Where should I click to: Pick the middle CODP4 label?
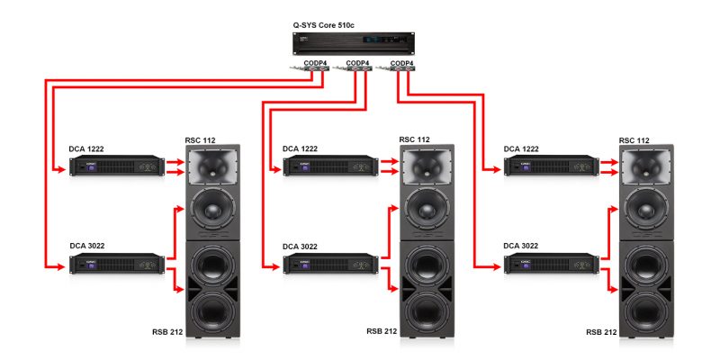(x=358, y=63)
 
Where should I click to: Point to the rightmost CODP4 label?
(x=402, y=63)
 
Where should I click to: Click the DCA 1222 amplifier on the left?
(x=117, y=166)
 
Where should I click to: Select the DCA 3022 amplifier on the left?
(x=117, y=264)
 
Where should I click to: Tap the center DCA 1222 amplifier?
(x=330, y=166)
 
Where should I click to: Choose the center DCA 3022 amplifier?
(x=330, y=264)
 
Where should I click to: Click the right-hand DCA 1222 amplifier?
(x=551, y=166)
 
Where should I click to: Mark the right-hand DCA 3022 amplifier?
(x=551, y=264)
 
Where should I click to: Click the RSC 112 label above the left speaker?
(x=200, y=139)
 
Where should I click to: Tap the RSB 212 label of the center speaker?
(x=382, y=331)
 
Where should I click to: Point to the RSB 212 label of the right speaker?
(x=601, y=332)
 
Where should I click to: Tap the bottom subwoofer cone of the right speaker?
(x=647, y=310)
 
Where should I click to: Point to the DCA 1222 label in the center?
(x=301, y=148)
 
